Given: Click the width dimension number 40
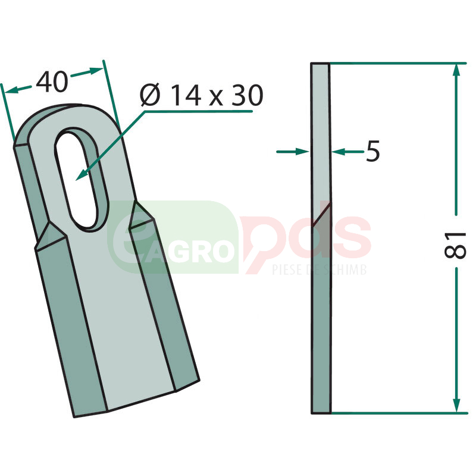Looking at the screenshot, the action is tap(52, 82).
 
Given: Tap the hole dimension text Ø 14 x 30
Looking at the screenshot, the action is tap(202, 95).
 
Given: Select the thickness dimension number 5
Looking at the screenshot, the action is tap(373, 151).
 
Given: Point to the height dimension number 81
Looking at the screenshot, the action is tap(455, 245).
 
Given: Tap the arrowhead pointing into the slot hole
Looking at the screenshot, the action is tap(81, 176).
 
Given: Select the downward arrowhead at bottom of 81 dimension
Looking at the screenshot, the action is tap(456, 405).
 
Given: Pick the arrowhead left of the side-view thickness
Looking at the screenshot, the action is tap(303, 151).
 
